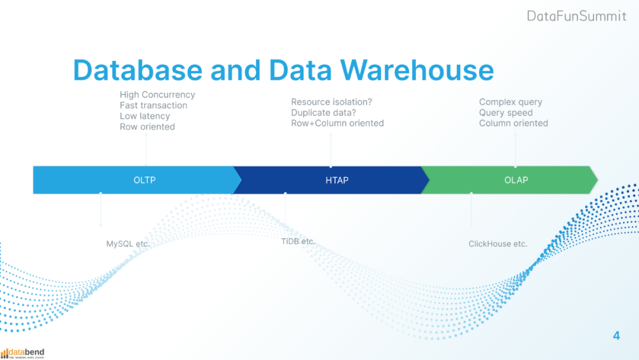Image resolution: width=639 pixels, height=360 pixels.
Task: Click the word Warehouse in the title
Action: pos(417,70)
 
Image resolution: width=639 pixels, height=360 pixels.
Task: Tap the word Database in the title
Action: pos(137,70)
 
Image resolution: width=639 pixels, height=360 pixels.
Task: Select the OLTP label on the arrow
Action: pos(144,180)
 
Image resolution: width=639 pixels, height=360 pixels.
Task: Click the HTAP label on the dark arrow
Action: pos(337,180)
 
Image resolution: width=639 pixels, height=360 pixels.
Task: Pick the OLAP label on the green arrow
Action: pos(516,180)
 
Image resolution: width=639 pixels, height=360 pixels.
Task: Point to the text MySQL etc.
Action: pos(128,244)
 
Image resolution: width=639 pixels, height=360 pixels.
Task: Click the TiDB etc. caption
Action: pos(298,242)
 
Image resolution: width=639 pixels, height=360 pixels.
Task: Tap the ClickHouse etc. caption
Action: pos(498,244)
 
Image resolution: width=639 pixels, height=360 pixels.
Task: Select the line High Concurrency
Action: pos(157,95)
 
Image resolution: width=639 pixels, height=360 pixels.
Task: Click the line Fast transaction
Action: pos(153,105)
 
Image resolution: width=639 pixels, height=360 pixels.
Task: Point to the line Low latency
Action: pos(144,116)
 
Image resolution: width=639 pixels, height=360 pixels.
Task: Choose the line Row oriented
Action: pos(147,127)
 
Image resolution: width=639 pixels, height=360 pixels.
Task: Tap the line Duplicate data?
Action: pos(323,112)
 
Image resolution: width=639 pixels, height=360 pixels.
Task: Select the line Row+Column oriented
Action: pos(337,123)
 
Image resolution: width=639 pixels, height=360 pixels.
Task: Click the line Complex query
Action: pos(511,102)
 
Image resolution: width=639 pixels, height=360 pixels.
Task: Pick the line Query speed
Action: pos(506,112)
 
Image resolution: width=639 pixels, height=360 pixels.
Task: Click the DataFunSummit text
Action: pos(576,16)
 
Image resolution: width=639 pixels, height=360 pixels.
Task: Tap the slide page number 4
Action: pos(617,336)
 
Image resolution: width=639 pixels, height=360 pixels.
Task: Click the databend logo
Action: pos(22,353)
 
